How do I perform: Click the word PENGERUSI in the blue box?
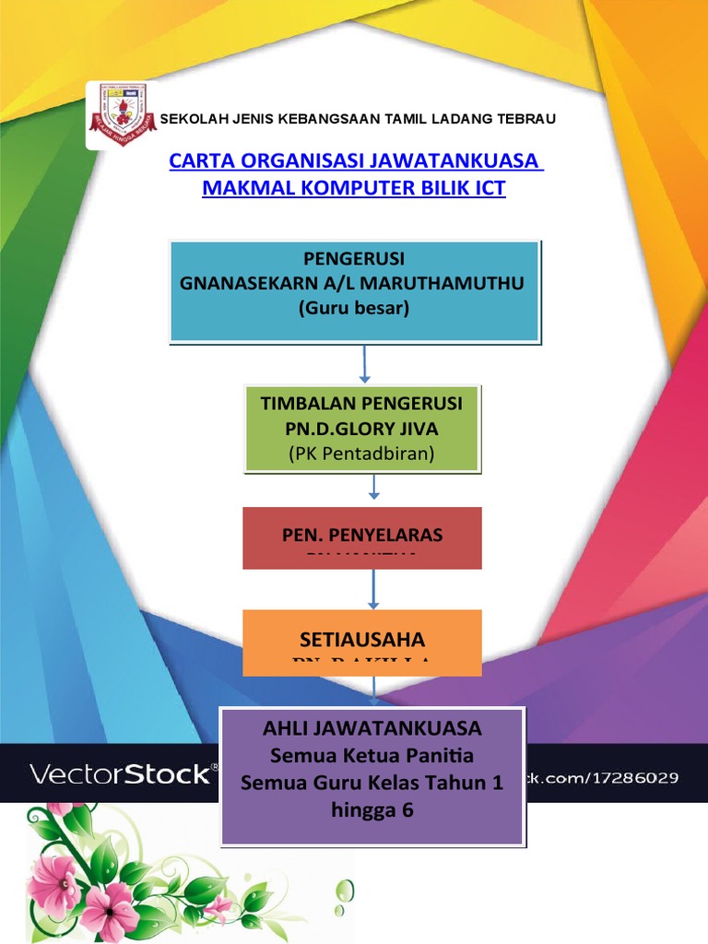[x=353, y=257]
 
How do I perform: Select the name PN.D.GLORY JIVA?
[x=362, y=429]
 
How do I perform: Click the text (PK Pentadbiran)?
[x=361, y=454]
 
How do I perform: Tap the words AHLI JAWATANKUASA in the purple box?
[x=372, y=728]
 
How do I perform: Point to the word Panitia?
[x=435, y=756]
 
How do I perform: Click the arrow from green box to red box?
[x=375, y=488]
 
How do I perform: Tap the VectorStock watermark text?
[x=121, y=773]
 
